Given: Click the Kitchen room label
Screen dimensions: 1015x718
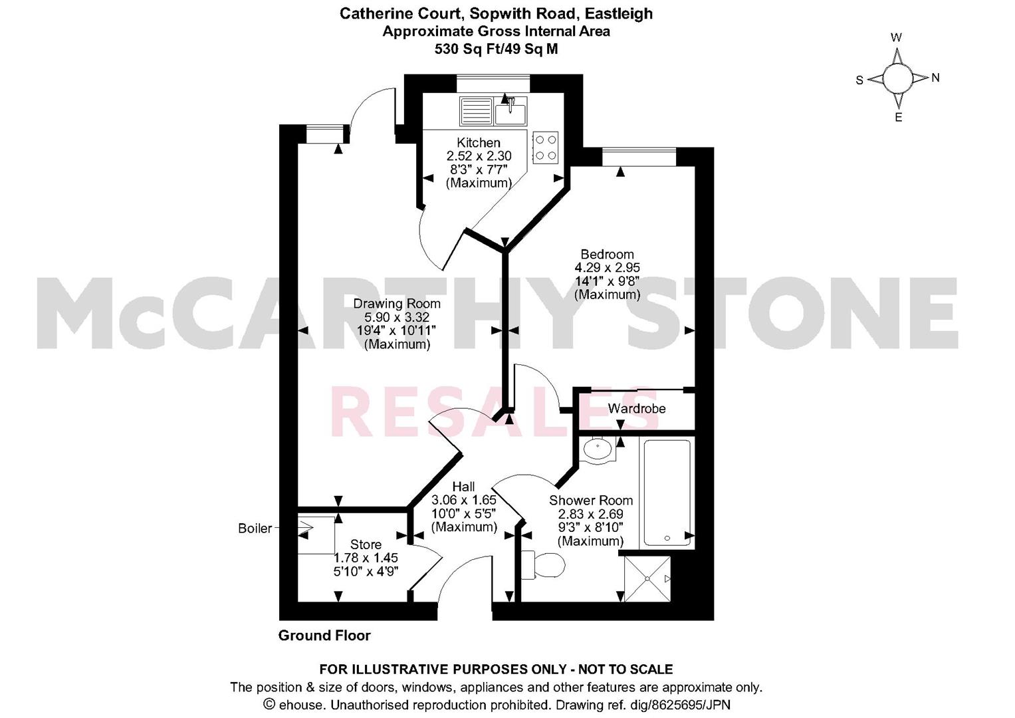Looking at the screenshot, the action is (x=479, y=142).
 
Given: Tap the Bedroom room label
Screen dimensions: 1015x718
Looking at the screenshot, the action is (x=607, y=254).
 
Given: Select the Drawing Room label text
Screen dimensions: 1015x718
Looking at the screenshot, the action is (x=397, y=304).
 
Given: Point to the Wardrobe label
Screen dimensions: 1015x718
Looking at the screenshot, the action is (x=637, y=408).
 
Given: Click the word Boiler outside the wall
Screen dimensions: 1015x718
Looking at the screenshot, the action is (x=255, y=529).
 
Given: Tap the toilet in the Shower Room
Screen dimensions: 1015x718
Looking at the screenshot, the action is (x=543, y=565).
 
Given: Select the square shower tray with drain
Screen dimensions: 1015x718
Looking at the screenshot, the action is (x=647, y=579).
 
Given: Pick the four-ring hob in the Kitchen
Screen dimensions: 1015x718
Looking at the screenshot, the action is (x=546, y=148).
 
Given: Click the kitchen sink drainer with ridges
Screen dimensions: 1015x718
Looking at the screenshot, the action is (x=476, y=111).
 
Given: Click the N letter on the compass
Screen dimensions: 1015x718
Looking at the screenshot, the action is (x=935, y=78).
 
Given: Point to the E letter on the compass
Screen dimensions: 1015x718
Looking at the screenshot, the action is (x=898, y=118).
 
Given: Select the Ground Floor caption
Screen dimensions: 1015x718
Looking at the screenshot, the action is (x=324, y=636).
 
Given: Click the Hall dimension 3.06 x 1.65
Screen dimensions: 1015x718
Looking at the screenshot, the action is (x=463, y=501).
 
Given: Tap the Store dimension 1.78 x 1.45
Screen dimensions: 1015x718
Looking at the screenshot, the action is (x=366, y=558).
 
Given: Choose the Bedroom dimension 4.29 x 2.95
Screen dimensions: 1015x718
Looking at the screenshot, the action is (x=607, y=268).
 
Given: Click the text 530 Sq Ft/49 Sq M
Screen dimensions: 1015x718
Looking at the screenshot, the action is (x=496, y=49).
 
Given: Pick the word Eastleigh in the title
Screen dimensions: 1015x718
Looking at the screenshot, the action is (x=619, y=14).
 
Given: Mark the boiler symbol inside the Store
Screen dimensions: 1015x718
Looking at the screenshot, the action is (x=316, y=534).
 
